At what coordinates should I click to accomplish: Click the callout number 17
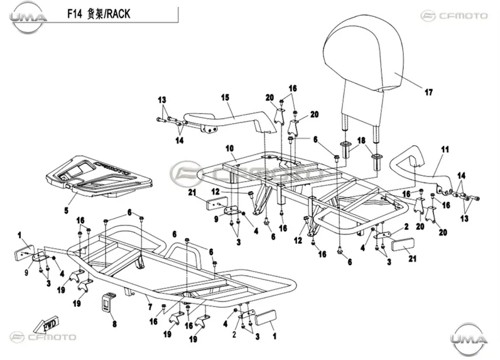pyautogui.click(x=428, y=92)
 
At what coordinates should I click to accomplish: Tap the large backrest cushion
pyautogui.click(x=361, y=57)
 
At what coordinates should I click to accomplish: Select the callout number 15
pyautogui.click(x=225, y=97)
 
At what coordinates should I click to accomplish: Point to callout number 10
pyautogui.click(x=230, y=148)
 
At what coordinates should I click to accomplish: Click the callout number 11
pyautogui.click(x=445, y=150)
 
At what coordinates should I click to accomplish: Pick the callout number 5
pyautogui.click(x=67, y=210)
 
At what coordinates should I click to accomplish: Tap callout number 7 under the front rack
pyautogui.click(x=150, y=307)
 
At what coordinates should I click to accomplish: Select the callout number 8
pyautogui.click(x=114, y=324)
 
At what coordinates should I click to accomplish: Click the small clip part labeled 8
pyautogui.click(x=108, y=302)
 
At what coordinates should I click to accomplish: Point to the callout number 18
pyautogui.click(x=361, y=140)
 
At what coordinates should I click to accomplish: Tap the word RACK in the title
pyautogui.click(x=118, y=14)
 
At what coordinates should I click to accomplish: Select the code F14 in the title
pyautogui.click(x=75, y=14)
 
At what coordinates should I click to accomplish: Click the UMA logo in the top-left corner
pyautogui.click(x=28, y=18)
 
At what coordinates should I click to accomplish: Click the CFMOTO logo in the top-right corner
pyautogui.click(x=454, y=16)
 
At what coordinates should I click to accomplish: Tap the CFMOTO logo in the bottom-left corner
pyautogui.click(x=43, y=337)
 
